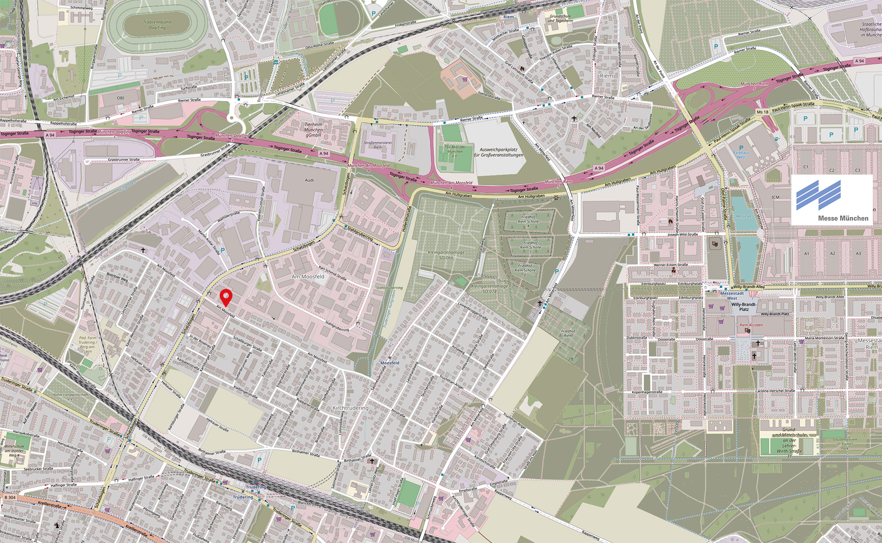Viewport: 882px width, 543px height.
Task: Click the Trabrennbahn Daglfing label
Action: (157, 25)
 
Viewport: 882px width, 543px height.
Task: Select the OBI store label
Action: (120, 98)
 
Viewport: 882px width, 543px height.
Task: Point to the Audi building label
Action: (309, 180)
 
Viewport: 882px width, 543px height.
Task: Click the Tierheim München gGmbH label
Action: (313, 130)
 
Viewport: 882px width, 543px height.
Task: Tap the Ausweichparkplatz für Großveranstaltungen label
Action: (501, 152)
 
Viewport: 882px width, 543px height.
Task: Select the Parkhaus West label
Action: (741, 155)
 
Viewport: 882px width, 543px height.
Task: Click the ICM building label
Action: (775, 197)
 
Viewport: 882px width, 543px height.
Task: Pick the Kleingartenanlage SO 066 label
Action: (446, 255)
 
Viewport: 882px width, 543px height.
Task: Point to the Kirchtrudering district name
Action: (350, 408)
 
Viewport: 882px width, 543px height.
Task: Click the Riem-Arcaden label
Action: (751, 325)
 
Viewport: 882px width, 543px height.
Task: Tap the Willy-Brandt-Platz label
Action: (743, 307)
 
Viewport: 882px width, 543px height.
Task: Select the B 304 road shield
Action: (10, 498)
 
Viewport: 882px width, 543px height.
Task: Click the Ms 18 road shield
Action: (762, 112)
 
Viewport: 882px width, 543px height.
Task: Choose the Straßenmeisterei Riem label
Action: (378, 145)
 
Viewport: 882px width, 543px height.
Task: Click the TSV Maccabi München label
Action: (454, 151)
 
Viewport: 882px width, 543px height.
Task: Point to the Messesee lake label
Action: (743, 217)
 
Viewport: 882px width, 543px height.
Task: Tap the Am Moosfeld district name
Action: (308, 277)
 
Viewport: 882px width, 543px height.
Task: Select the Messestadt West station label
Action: (731, 296)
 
